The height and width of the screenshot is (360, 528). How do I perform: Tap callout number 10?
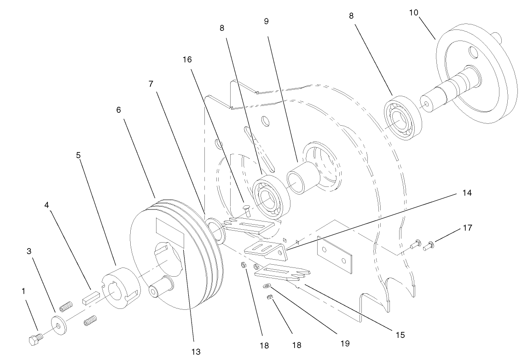414,12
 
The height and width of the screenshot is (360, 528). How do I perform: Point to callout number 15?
400,335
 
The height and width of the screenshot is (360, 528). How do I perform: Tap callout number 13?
196,352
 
